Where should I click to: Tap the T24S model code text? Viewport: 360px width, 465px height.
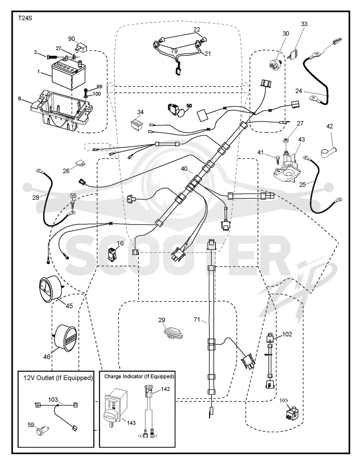[25, 18]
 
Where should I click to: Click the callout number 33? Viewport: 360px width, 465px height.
[304, 24]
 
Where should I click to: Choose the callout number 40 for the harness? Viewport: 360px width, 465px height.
[184, 168]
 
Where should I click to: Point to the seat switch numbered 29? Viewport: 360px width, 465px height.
[174, 332]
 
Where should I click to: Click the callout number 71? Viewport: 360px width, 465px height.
[197, 320]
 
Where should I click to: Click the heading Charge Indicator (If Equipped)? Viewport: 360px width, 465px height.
[139, 376]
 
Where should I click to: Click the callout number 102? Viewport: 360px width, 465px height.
[287, 334]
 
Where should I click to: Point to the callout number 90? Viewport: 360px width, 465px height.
[72, 39]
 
